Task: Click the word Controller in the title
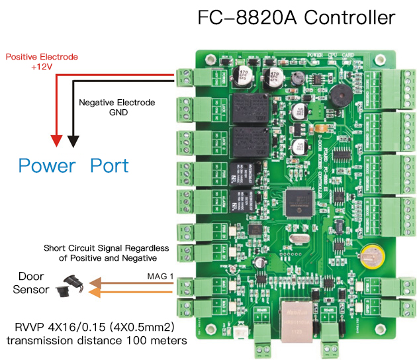point(342,17)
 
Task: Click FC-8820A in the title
point(241,17)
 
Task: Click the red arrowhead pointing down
point(56,141)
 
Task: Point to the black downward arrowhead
point(73,141)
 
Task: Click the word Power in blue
point(47,165)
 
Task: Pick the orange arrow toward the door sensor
point(132,291)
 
